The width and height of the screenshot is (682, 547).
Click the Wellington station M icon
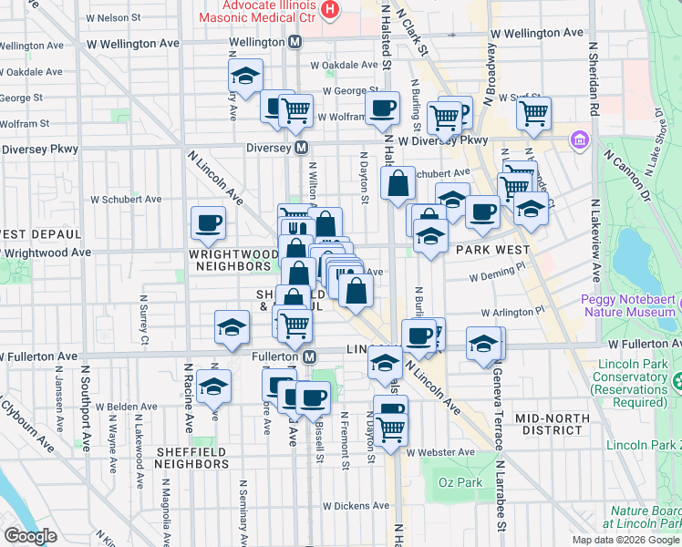coord(295,42)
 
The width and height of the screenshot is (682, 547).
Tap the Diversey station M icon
coord(300,148)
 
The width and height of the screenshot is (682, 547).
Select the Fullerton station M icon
coord(310,356)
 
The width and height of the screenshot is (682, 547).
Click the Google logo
coord(30,536)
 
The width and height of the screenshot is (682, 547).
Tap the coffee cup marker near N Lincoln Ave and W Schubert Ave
coord(209,222)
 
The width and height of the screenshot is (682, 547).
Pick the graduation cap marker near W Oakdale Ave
coord(245,76)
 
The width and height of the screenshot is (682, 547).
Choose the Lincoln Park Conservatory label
coord(630,383)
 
